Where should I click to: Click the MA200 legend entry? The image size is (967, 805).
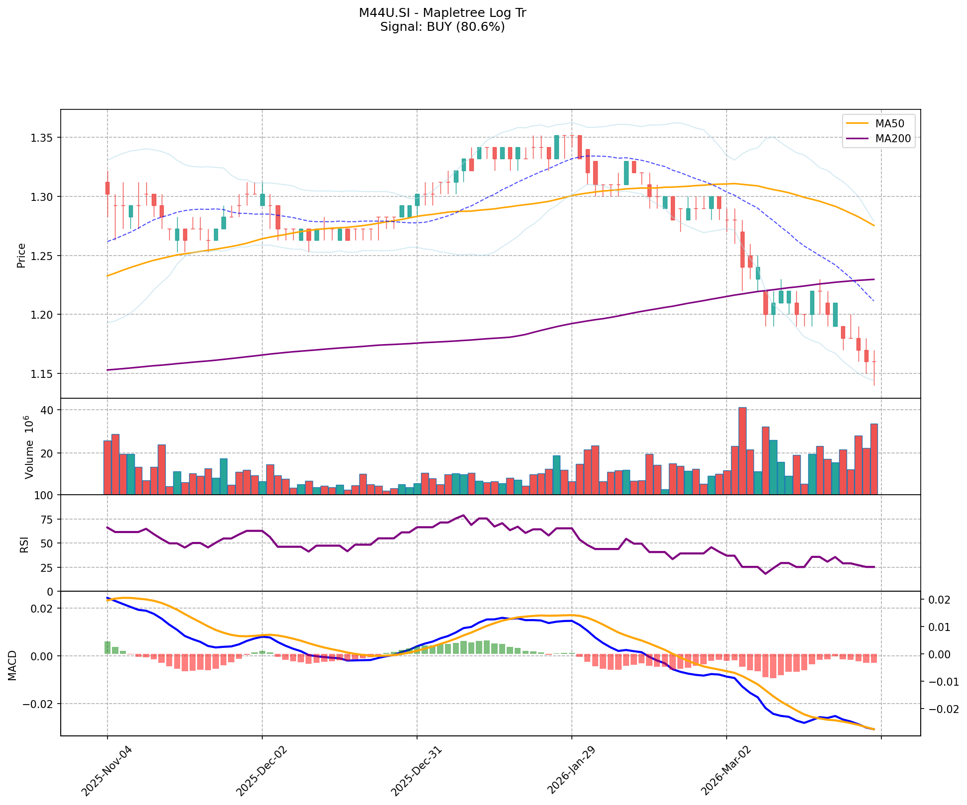pyautogui.click(x=892, y=139)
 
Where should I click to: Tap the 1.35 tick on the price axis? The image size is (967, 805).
pyautogui.click(x=42, y=137)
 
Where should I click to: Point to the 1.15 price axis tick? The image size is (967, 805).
pyautogui.click(x=42, y=373)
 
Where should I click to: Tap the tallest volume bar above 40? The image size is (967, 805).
pyautogui.click(x=742, y=450)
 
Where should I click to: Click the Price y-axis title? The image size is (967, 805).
pyautogui.click(x=21, y=256)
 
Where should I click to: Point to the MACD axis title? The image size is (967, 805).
pyautogui.click(x=12, y=665)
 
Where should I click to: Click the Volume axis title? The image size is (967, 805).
pyautogui.click(x=29, y=447)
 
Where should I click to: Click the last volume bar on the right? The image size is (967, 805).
pyautogui.click(x=873, y=459)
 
